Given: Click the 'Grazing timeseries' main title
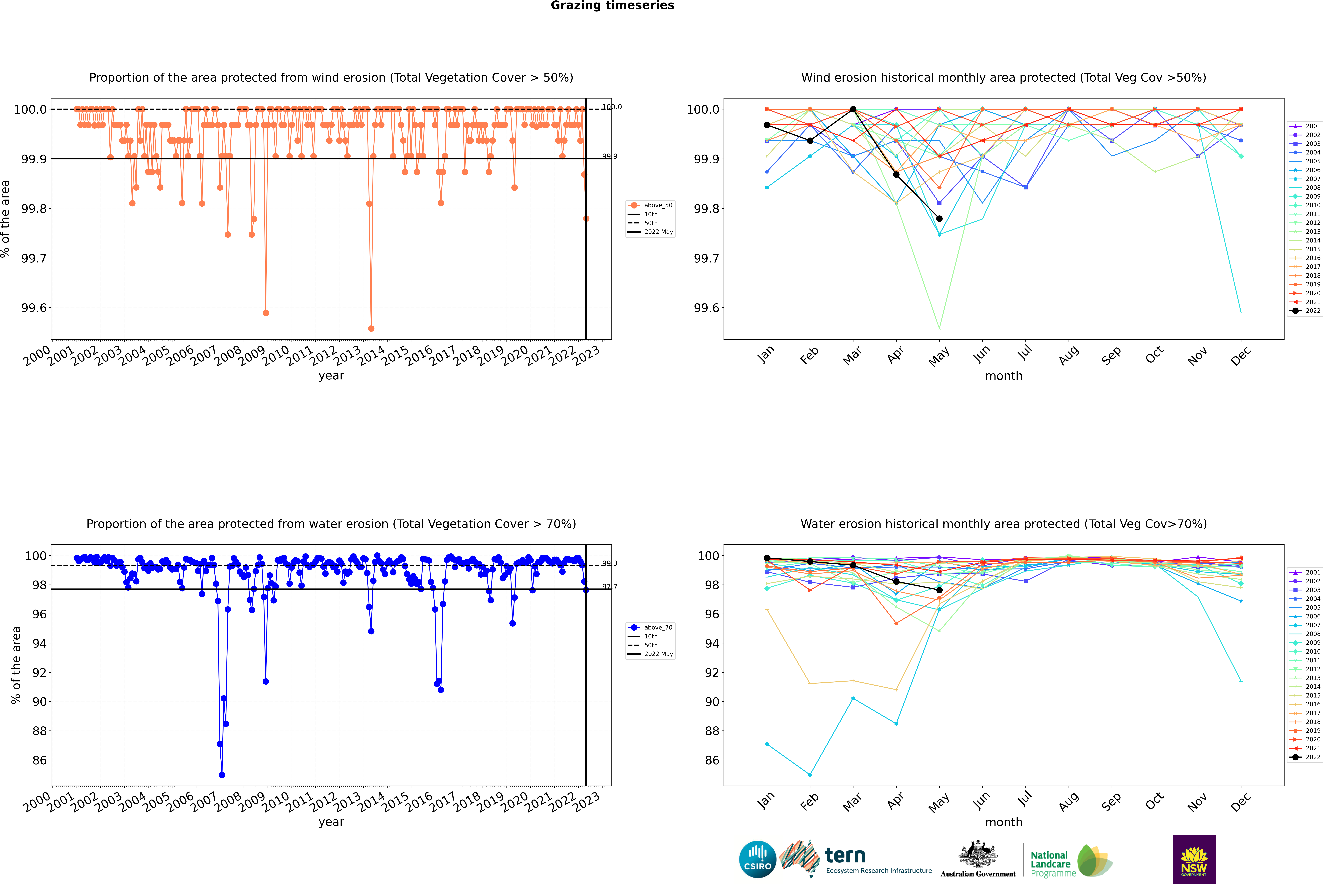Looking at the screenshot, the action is pos(612,6).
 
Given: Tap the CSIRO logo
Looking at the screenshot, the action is pos(757,859).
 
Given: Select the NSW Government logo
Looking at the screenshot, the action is pos(1194,859).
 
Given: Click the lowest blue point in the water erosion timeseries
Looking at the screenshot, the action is pos(222,775).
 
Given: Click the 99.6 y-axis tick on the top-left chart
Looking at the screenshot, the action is pos(34,308).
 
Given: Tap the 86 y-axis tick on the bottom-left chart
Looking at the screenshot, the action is pos(39,760).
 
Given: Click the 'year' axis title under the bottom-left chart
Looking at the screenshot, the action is pos(331,822).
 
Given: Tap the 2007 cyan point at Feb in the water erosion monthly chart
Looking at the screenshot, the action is pos(810,775).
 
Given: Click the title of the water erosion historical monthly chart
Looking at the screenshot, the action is pos(1004,524).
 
